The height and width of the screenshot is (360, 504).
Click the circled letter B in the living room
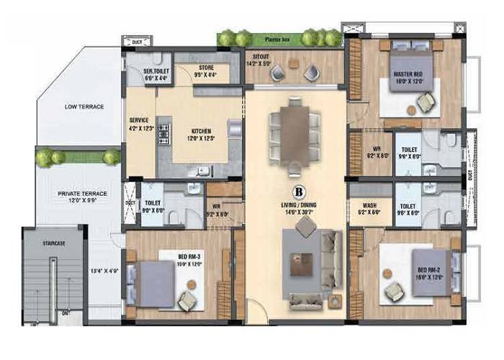[x=297, y=192]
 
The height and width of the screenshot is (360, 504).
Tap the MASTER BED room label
[x=408, y=75]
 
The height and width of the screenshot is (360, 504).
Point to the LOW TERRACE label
[x=84, y=107]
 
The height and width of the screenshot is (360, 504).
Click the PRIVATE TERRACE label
[x=83, y=194]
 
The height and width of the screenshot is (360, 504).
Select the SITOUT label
[x=258, y=55]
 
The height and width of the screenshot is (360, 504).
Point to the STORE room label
[x=205, y=69]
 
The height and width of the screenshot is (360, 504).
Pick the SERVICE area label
[x=139, y=120]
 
